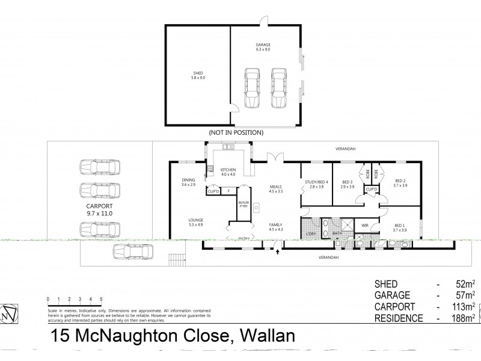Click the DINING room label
coord(189,182)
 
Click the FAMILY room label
coord(276,226)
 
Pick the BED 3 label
coord(348,185)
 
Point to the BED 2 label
coord(400,185)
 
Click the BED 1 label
coord(400,227)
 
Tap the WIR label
coord(364,226)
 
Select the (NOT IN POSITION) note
coord(236,132)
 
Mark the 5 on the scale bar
coord(101,298)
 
